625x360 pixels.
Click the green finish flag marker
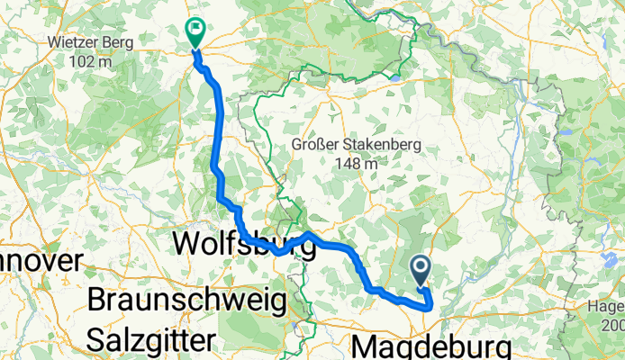click(195, 31)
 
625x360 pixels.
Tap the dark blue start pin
click(421, 268)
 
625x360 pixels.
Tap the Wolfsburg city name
click(243, 244)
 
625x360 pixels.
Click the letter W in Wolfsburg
click(186, 244)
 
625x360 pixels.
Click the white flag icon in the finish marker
click(195, 29)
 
